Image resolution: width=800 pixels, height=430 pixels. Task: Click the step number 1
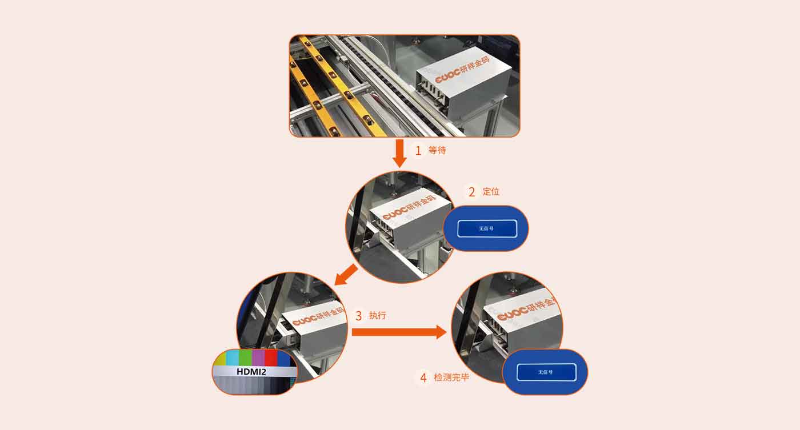[418, 151]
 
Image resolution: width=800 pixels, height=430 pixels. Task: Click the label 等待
[437, 151]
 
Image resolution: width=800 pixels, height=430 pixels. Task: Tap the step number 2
[471, 192]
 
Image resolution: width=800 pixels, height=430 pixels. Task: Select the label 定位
[491, 191]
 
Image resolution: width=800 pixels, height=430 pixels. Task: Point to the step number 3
[358, 315]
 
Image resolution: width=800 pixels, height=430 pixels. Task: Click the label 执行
[378, 315]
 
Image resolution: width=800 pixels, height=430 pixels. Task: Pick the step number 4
[423, 377]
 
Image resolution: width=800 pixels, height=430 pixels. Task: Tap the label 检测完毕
[451, 377]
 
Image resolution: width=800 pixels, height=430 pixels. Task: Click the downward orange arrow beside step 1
[400, 152]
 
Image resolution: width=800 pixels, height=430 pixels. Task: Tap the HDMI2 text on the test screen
[255, 372]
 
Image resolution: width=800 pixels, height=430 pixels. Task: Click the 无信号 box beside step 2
[487, 228]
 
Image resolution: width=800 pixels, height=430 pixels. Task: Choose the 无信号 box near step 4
[546, 372]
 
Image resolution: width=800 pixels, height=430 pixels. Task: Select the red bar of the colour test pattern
[271, 358]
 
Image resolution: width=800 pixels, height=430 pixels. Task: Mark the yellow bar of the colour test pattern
[221, 359]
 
